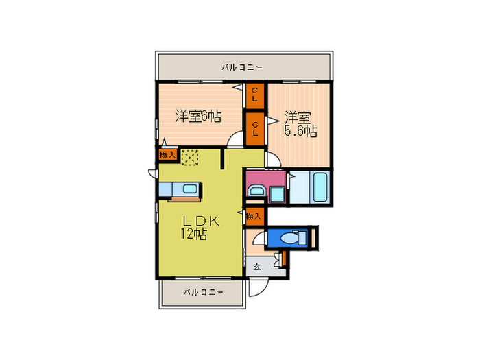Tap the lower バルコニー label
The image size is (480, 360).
tap(202, 292)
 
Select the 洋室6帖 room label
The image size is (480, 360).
tap(197, 116)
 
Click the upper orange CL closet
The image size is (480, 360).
tap(254, 95)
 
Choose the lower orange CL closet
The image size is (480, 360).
tap(254, 128)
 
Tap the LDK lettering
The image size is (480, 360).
tap(200, 221)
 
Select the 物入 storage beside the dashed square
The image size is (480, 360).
tap(168, 156)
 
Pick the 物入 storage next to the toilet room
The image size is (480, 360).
tap(254, 217)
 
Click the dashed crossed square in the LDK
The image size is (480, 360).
tap(189, 158)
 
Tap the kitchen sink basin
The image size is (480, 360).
tap(189, 189)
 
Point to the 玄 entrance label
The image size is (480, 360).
tap(256, 267)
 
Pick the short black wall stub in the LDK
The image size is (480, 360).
tap(224, 158)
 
